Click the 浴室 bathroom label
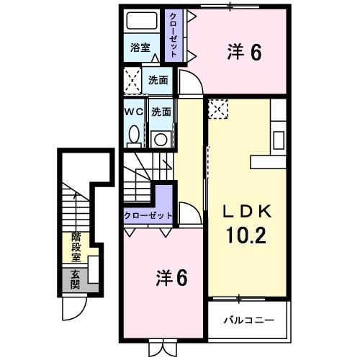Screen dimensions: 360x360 [140, 48]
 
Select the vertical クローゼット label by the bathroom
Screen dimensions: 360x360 [173, 35]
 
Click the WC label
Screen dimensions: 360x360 [133, 112]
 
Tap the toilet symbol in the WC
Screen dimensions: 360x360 [134, 135]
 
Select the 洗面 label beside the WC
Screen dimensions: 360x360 [161, 112]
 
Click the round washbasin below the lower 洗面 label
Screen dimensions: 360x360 [161, 138]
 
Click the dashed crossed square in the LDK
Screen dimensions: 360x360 [218, 109]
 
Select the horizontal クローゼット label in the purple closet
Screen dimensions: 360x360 [148, 215]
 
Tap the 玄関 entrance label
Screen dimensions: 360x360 [76, 279]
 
